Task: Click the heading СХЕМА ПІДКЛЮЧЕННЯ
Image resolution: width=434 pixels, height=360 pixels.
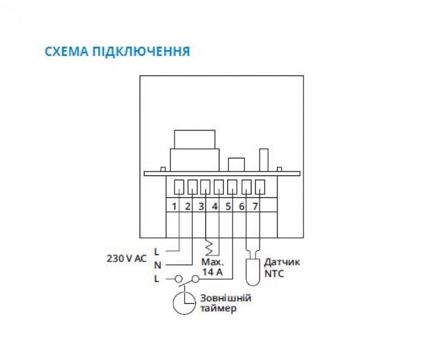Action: tap(117, 52)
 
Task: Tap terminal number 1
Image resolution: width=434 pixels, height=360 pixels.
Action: tap(174, 206)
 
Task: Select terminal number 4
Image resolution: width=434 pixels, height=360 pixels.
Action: tap(215, 206)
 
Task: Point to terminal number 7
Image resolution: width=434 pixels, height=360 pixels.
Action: tap(255, 206)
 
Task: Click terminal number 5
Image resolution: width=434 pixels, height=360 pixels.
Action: tap(228, 206)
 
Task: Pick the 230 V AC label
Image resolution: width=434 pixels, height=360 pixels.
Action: tap(127, 258)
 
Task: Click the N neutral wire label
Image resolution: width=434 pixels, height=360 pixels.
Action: tap(158, 265)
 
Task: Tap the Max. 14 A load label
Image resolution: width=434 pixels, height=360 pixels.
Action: tap(212, 267)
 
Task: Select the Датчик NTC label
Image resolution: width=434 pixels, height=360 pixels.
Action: tap(282, 268)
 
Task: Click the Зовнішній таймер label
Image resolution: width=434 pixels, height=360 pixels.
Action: tap(226, 303)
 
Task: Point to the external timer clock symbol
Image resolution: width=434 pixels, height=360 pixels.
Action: tap(184, 303)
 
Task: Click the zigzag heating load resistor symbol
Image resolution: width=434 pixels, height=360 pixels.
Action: tap(209, 247)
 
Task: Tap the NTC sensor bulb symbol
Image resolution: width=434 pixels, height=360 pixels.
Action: tap(253, 272)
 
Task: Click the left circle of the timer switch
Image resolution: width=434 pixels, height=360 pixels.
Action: tap(179, 279)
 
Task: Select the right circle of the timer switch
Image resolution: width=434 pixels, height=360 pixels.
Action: tap(196, 280)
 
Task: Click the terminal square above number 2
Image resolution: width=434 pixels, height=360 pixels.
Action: tap(192, 187)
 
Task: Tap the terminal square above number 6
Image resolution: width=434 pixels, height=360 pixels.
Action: tap(247, 187)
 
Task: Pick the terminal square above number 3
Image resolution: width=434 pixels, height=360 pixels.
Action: tap(205, 187)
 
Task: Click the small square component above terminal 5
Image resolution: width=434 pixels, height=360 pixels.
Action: tap(236, 165)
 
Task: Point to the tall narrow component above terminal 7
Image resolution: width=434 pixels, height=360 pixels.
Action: tap(264, 160)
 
